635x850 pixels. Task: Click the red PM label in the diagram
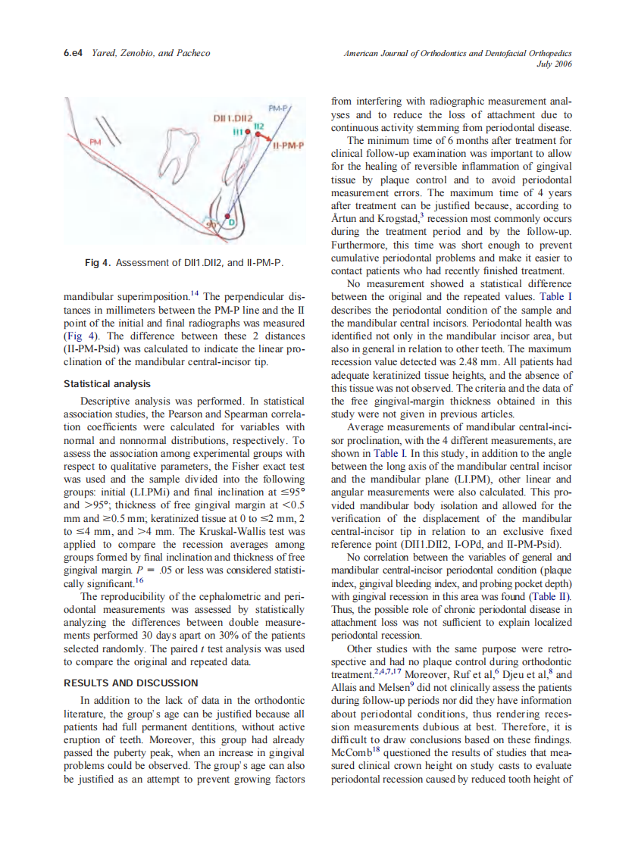(95, 142)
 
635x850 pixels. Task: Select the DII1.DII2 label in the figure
(232, 119)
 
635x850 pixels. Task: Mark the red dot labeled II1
(248, 132)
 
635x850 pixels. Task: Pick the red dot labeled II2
(258, 134)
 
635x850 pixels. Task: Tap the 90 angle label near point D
(213, 226)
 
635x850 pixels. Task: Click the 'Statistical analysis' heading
(107, 384)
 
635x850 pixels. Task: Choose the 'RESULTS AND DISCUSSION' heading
(131, 683)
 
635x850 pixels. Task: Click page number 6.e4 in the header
(74, 53)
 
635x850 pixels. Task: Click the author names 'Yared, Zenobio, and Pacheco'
(150, 53)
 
